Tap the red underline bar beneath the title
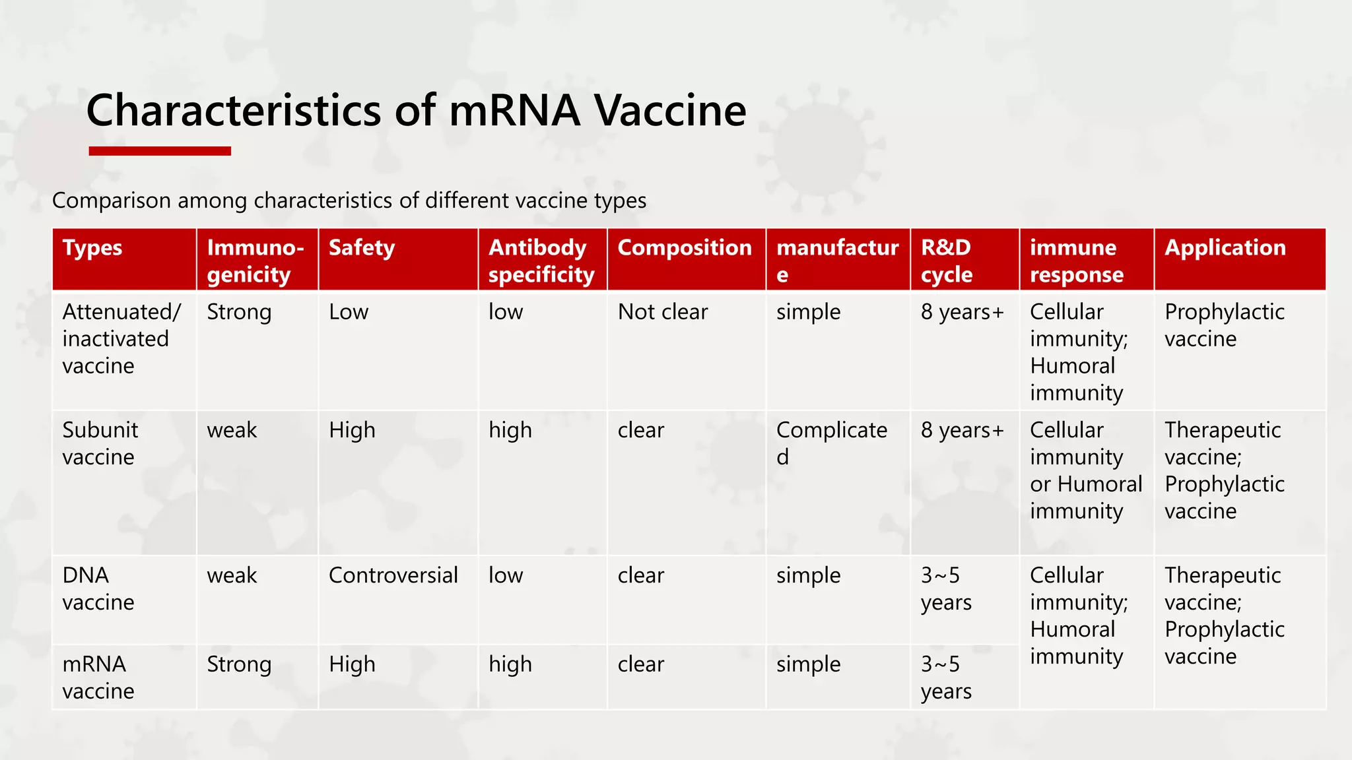[160, 151]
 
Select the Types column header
[92, 248]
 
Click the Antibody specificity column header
[541, 261]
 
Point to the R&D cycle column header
[946, 261]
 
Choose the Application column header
[1225, 248]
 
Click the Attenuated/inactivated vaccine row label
[120, 338]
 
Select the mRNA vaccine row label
[98, 677]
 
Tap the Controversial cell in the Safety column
[393, 575]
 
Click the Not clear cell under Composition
[662, 312]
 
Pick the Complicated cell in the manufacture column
[831, 443]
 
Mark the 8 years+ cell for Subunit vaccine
[962, 430]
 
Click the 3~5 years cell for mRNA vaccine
[945, 677]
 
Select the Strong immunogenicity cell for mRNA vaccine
[239, 664]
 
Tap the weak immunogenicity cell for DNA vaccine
[232, 575]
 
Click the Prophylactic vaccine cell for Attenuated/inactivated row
[1223, 325]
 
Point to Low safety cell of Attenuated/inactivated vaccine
[349, 312]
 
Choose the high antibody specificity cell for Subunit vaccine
[510, 430]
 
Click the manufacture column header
[836, 261]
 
